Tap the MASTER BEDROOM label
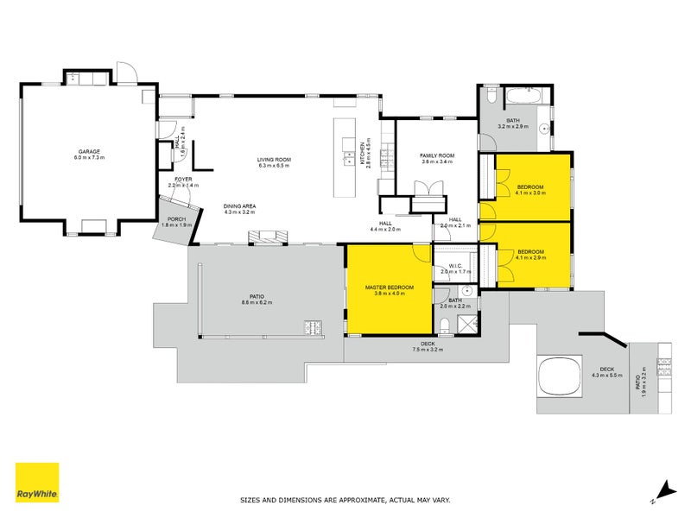click(x=390, y=287)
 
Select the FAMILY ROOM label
click(x=437, y=155)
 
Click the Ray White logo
click(x=37, y=483)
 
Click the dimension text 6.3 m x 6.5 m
click(x=274, y=166)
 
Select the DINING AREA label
click(x=239, y=205)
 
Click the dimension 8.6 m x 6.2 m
click(x=257, y=303)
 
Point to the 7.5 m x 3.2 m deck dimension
click(x=427, y=350)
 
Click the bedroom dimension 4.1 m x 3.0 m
click(x=530, y=194)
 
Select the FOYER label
click(x=182, y=179)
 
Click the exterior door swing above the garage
click(x=126, y=73)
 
